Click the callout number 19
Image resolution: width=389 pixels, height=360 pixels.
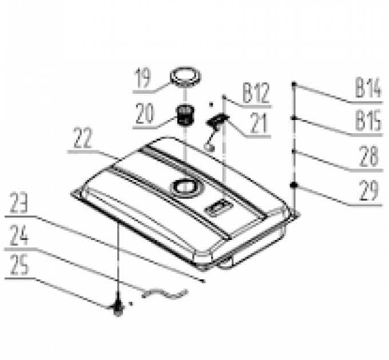[x=143, y=78]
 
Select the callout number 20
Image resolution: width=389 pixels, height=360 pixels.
[x=145, y=114]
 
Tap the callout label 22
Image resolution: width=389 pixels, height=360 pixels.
[x=83, y=138]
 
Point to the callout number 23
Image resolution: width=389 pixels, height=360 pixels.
[x=19, y=203]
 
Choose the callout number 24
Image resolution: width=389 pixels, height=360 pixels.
[x=19, y=234]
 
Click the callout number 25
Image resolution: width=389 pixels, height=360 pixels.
[x=19, y=265]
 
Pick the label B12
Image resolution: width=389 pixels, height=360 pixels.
[x=256, y=93]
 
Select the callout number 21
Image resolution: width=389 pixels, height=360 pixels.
[x=259, y=123]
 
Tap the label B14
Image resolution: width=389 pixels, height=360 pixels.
[x=368, y=87]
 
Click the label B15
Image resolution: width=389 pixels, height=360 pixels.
[x=368, y=121]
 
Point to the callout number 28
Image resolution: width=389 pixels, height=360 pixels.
[x=369, y=157]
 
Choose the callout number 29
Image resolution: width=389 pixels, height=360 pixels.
[x=369, y=190]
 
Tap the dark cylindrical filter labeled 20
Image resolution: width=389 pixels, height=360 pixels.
[x=185, y=115]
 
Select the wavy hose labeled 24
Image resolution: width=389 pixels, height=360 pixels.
[x=165, y=293]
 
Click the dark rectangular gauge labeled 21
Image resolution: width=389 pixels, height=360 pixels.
[x=217, y=119]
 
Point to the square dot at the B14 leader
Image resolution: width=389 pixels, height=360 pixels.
[x=294, y=85]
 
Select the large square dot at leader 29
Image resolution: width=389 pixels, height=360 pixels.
[x=294, y=185]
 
